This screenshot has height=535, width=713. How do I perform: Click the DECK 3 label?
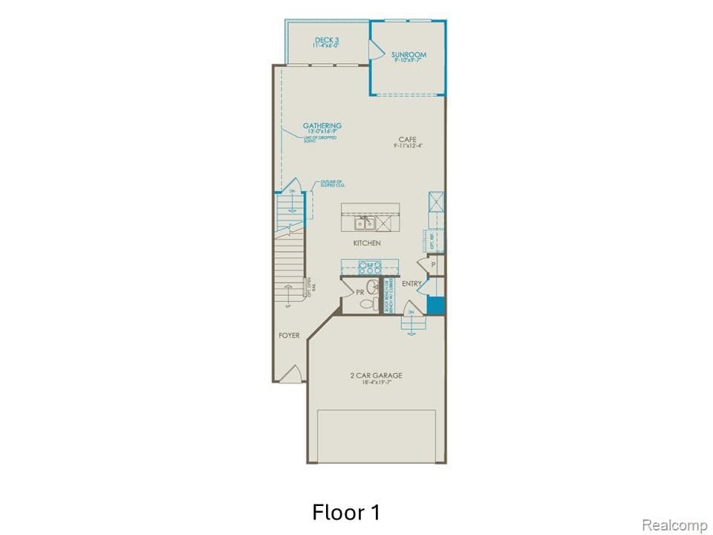(x=327, y=40)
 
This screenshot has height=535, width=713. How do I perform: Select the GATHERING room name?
(x=322, y=126)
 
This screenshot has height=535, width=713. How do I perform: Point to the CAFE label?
(x=407, y=140)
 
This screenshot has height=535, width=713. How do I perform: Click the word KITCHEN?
(x=367, y=243)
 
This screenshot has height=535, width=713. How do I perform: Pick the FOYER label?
(x=289, y=335)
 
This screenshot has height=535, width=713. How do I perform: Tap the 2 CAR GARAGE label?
(x=376, y=375)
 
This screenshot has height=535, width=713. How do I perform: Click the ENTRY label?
(x=411, y=284)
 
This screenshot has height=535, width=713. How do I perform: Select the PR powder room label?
(x=360, y=293)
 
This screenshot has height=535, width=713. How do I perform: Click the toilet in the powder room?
(x=365, y=303)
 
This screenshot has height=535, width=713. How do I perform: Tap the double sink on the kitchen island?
(x=365, y=223)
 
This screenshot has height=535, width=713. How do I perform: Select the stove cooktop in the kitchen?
(x=369, y=267)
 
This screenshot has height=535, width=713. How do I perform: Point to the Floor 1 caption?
(x=346, y=512)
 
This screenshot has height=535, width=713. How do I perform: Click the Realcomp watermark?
(x=674, y=525)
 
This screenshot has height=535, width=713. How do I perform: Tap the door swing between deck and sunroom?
(x=374, y=50)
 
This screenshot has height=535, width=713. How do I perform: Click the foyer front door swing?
(x=293, y=374)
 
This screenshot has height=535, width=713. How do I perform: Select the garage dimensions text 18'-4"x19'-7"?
(x=376, y=383)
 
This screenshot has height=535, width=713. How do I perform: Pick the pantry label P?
(x=432, y=265)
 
